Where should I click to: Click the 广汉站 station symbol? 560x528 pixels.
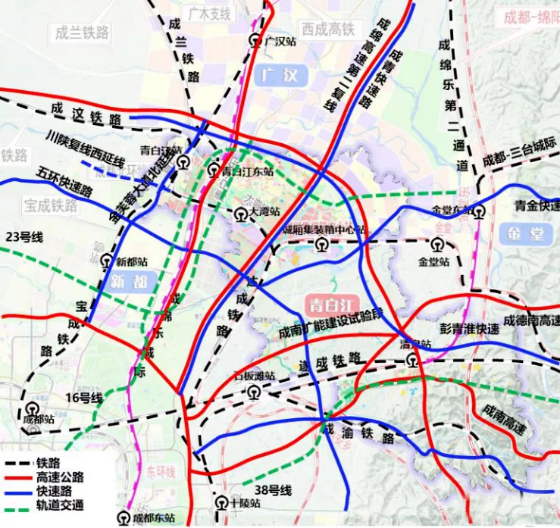click(x=257, y=43)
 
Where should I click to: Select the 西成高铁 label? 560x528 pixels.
click(x=327, y=30)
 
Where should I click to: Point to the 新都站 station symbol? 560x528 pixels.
click(x=107, y=262)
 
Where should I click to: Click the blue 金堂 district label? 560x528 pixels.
click(x=527, y=233)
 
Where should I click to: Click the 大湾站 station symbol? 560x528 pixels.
click(x=240, y=214)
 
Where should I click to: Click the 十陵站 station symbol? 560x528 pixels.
click(x=221, y=502)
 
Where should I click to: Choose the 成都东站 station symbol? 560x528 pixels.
click(x=124, y=518)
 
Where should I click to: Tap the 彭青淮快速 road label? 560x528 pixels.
click(x=470, y=329)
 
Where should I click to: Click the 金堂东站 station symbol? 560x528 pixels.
click(x=478, y=212)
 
